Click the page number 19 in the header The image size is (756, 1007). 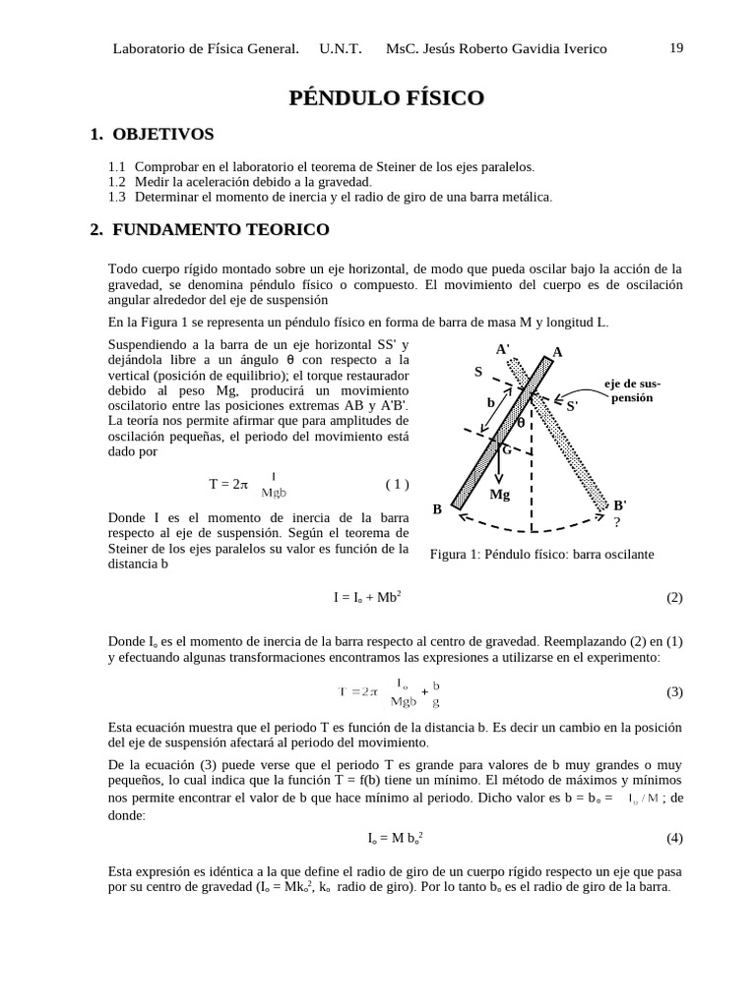pos(676,48)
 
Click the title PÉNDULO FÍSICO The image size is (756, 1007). pos(386,97)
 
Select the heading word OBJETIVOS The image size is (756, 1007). pos(163,134)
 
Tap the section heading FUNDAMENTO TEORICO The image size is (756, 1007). pos(220,229)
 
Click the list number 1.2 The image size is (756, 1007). pos(117,182)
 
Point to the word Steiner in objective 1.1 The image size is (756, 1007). pos(409,167)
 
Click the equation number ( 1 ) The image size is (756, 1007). pos(397,484)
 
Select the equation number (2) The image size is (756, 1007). pos(673,597)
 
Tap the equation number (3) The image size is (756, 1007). pos(673,691)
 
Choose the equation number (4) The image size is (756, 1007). pos(673,838)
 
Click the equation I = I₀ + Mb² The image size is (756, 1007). pos(367,597)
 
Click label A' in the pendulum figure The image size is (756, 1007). pos(502,349)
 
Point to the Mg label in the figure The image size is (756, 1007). pos(500,495)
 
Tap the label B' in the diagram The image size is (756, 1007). pos(620,505)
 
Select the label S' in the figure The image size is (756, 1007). pos(572,405)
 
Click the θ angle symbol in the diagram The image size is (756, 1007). pos(521,423)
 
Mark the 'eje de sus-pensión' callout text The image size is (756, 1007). pos(632,390)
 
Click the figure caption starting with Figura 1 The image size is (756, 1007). pos(541,554)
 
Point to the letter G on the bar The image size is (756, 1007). pos(507,449)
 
